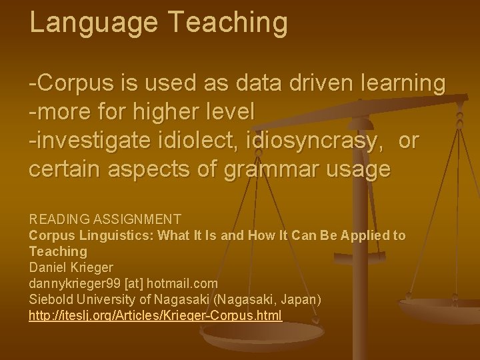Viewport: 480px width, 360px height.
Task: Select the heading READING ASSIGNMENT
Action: pyautogui.click(x=105, y=219)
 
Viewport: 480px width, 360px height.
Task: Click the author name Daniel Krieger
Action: pyautogui.click(x=71, y=267)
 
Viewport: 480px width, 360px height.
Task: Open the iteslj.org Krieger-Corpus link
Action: pyautogui.click(x=155, y=315)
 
